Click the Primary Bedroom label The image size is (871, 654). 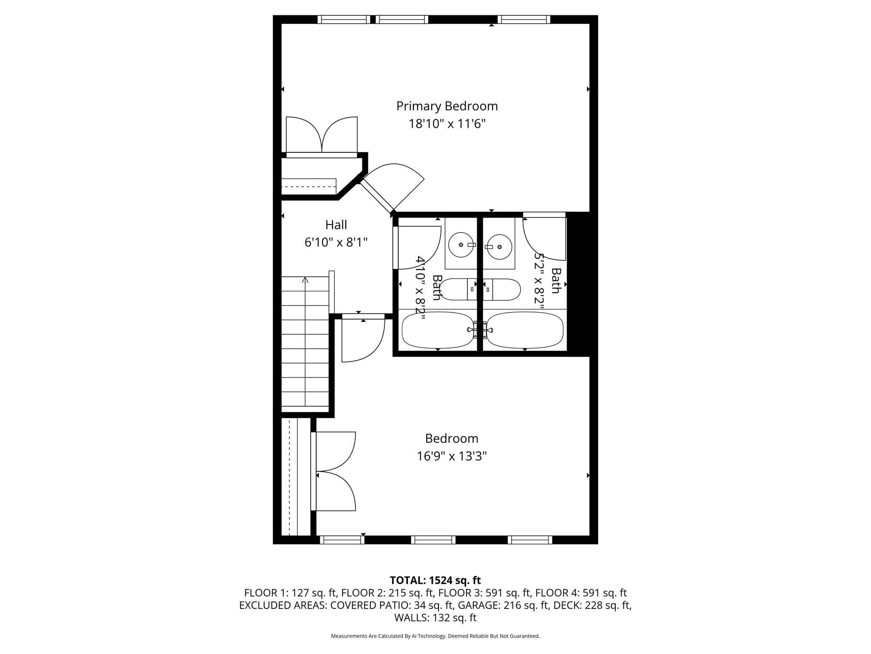pyautogui.click(x=447, y=106)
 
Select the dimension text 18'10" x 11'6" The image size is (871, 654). pyautogui.click(x=447, y=124)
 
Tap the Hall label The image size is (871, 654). pyautogui.click(x=336, y=225)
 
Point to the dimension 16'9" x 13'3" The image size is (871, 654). pyautogui.click(x=451, y=456)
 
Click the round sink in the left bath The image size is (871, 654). pyautogui.click(x=461, y=245)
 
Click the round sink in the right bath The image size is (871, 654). pyautogui.click(x=499, y=247)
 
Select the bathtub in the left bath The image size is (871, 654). pyautogui.click(x=437, y=330)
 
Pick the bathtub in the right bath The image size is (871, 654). pyautogui.click(x=525, y=330)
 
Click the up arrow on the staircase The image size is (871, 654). pyautogui.click(x=305, y=280)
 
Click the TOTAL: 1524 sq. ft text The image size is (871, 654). pyautogui.click(x=435, y=580)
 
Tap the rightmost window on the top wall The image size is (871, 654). pyautogui.click(x=524, y=20)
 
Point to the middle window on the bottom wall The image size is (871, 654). pyautogui.click(x=433, y=540)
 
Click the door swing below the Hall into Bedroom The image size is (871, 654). pyautogui.click(x=361, y=341)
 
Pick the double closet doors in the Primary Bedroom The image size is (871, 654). pyautogui.click(x=322, y=135)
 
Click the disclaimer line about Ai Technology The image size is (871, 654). pyautogui.click(x=435, y=636)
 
